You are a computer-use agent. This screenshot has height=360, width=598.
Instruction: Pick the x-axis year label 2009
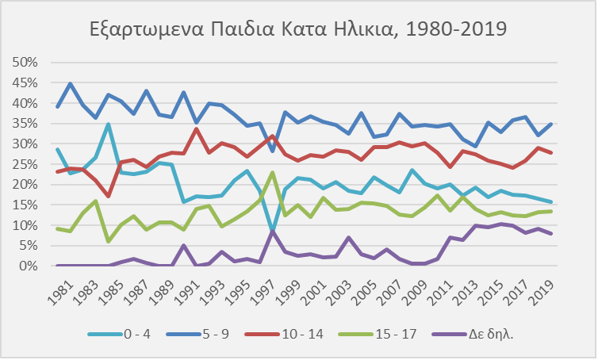click(416, 288)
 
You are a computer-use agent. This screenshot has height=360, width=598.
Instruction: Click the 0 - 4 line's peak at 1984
click(108, 124)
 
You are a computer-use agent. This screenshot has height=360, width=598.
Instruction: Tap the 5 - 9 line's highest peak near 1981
click(71, 83)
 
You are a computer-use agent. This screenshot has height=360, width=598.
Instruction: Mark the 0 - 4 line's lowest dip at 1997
click(272, 230)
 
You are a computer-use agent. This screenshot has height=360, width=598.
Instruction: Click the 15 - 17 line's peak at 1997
click(272, 172)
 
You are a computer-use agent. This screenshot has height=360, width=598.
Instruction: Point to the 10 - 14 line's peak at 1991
click(196, 129)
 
